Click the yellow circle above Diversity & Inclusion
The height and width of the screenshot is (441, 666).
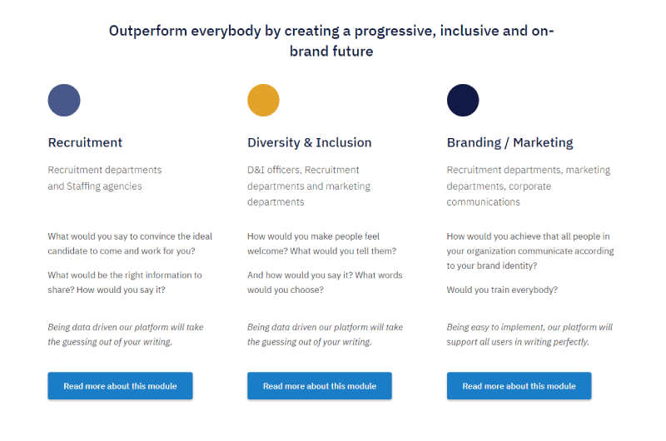(x=263, y=100)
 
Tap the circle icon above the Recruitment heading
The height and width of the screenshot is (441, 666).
(x=64, y=100)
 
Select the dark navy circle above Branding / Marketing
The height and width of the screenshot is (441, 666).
(x=463, y=100)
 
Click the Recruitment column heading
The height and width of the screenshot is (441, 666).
(x=85, y=142)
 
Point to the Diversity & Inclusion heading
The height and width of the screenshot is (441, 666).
(x=309, y=142)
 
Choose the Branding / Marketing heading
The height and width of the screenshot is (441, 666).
(x=509, y=142)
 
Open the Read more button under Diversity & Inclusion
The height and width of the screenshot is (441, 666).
(x=320, y=386)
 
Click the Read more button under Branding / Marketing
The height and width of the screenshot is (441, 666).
(x=519, y=386)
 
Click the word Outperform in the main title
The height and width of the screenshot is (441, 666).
(x=148, y=32)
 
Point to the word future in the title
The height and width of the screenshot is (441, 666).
(x=353, y=52)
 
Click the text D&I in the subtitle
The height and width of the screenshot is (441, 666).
(x=256, y=170)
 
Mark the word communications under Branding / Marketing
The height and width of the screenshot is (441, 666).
(x=483, y=202)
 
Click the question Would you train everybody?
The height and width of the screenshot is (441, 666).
(x=502, y=290)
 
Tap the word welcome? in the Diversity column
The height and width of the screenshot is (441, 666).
(x=267, y=250)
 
